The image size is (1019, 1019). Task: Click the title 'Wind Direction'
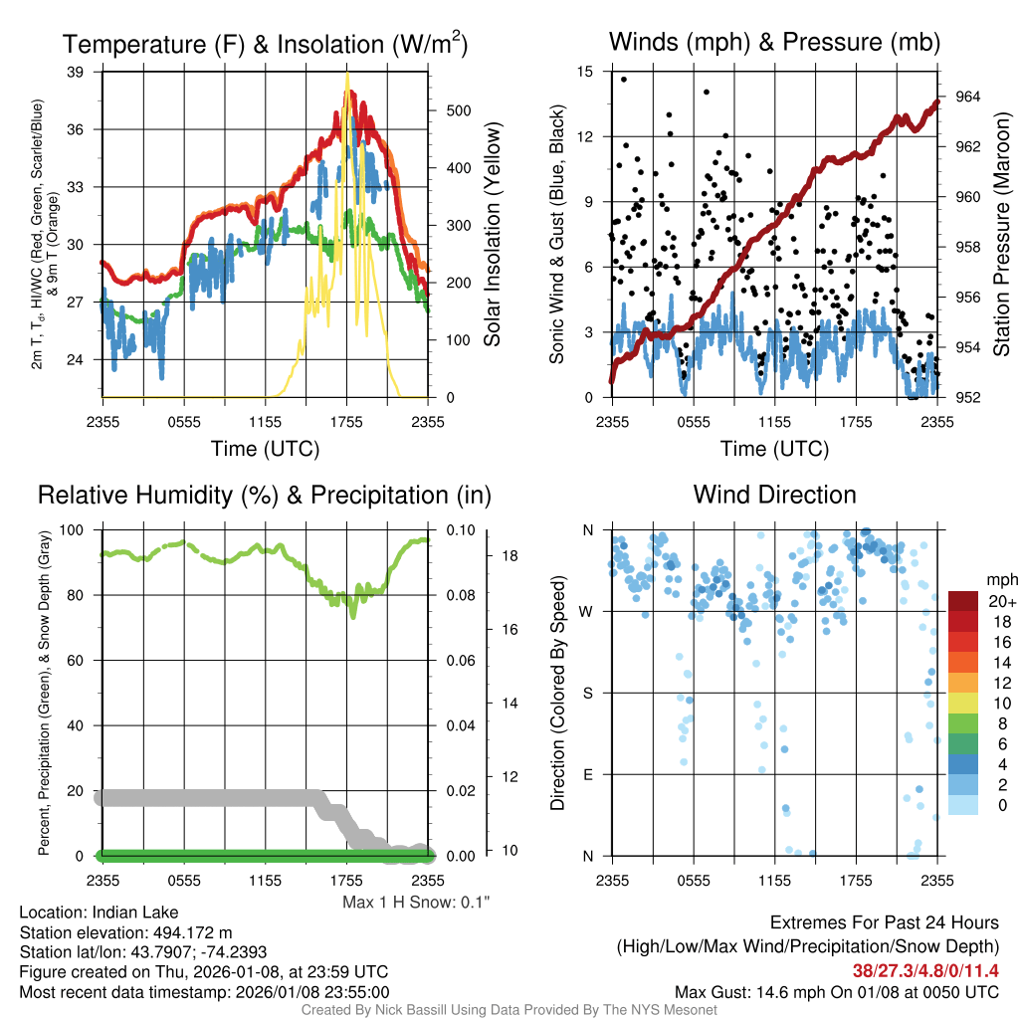tap(774, 495)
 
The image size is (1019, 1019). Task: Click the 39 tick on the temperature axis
tap(76, 72)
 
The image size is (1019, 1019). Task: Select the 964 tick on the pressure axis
tap(968, 97)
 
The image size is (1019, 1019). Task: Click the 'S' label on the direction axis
tap(587, 693)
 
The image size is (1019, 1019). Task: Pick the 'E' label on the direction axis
tap(587, 774)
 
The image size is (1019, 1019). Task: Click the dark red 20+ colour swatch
tap(964, 601)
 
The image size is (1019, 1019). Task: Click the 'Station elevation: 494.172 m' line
tap(125, 932)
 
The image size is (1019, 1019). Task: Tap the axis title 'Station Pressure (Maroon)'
tap(1002, 235)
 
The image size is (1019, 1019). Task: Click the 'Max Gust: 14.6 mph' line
tap(836, 991)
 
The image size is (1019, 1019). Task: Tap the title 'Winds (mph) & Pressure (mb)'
tap(774, 42)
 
